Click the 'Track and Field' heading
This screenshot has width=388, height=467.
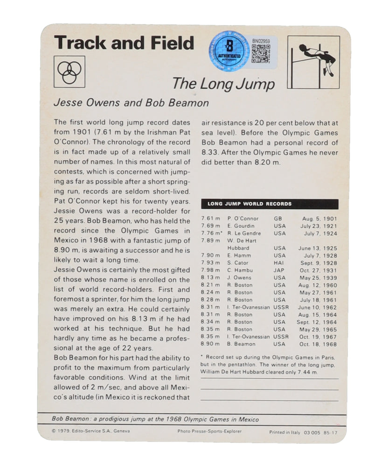[124, 42]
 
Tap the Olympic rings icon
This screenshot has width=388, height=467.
[69, 71]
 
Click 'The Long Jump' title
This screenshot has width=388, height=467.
[223, 84]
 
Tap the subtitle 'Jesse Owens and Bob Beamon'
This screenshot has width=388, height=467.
[131, 102]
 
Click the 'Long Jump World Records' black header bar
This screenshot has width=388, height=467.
[270, 204]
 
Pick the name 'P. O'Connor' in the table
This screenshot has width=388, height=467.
[243, 219]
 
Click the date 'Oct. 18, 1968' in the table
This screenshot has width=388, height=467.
[319, 344]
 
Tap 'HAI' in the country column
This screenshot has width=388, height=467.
[279, 263]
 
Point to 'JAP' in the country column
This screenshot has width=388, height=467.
[279, 270]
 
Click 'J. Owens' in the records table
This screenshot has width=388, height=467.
[240, 278]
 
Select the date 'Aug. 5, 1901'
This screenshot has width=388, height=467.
[320, 219]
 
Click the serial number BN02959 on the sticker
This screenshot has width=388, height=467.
[261, 41]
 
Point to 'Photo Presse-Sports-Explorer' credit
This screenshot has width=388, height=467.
[209, 431]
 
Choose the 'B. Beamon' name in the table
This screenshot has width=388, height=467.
[242, 344]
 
